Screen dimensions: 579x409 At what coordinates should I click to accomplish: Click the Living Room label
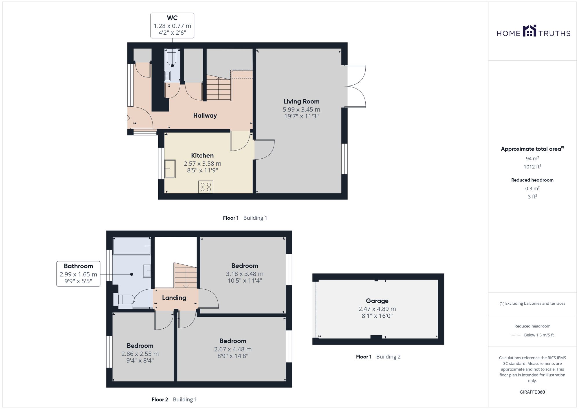click(301, 101)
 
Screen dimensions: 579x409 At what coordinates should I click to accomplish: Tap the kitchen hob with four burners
click(206, 187)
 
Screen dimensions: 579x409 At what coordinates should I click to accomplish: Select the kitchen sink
click(170, 169)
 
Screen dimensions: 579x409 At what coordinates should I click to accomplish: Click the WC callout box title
click(172, 18)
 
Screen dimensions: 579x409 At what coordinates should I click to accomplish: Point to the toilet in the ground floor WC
click(172, 57)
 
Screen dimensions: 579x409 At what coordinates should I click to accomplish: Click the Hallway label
click(205, 116)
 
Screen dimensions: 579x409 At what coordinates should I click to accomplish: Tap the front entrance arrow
click(127, 118)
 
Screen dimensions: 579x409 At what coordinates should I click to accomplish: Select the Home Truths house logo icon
click(529, 31)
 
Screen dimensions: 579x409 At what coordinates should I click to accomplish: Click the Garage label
click(377, 301)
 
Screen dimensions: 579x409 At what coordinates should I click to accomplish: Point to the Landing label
click(174, 298)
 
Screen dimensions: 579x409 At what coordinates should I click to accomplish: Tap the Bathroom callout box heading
click(78, 266)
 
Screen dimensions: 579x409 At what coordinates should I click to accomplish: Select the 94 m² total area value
click(532, 158)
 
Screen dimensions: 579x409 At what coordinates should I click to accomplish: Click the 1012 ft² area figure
click(532, 166)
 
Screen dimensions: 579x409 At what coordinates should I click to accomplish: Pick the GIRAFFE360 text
click(532, 392)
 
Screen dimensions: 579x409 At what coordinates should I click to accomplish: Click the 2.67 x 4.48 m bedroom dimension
click(233, 349)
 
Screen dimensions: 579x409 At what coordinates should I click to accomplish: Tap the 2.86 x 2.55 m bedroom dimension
click(140, 354)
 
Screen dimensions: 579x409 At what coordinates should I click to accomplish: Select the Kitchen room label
click(202, 156)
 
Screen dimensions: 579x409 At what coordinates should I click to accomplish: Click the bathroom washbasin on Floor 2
click(147, 271)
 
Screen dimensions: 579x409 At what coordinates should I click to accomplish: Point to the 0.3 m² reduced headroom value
click(532, 188)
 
